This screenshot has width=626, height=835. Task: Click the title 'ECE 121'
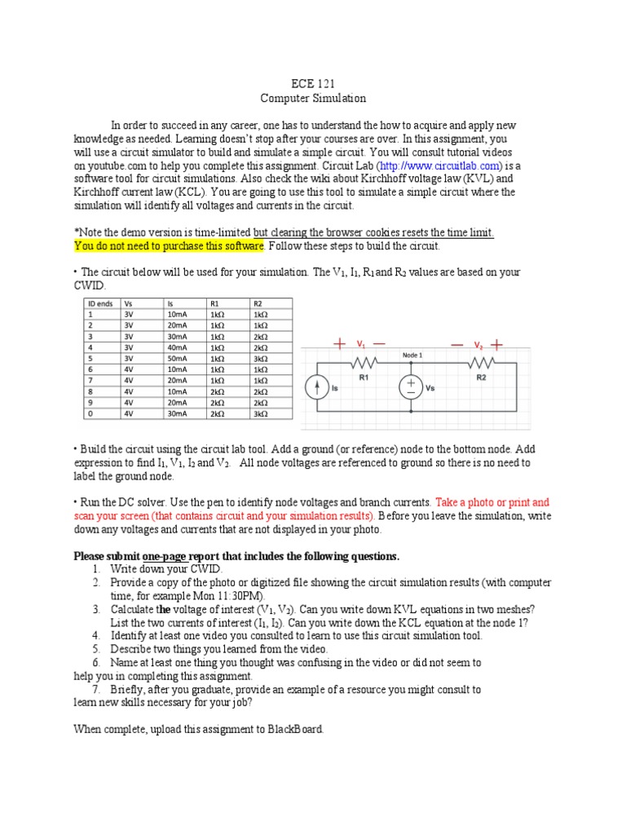[313, 84]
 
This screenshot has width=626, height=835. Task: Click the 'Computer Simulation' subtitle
[313, 99]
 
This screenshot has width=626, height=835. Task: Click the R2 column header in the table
[258, 303]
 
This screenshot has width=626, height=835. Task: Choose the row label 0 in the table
[90, 413]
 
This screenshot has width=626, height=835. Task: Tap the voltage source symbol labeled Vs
[410, 388]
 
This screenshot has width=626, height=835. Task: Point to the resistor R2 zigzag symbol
[481, 362]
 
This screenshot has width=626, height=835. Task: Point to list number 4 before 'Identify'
[96, 635]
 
